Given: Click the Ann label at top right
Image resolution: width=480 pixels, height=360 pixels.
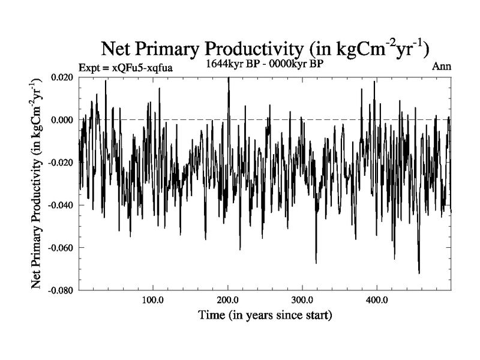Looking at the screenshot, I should (441, 66).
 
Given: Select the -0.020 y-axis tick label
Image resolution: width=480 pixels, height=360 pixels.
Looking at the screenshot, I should (61, 163).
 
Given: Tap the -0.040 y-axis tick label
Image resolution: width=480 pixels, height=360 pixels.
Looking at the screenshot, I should (61, 205).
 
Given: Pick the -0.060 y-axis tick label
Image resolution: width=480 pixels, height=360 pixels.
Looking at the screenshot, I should (61, 248).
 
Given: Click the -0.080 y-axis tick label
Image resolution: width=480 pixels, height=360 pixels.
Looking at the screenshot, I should (61, 290).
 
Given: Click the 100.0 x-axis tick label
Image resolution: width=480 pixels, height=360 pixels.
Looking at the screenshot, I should (153, 300).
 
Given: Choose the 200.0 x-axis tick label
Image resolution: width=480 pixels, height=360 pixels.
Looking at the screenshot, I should (227, 300).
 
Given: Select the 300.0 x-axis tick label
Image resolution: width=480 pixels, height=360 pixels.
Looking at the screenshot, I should (302, 300).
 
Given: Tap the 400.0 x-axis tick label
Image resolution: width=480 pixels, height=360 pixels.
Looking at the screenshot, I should (376, 300).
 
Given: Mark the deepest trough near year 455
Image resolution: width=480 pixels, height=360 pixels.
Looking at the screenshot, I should (419, 273).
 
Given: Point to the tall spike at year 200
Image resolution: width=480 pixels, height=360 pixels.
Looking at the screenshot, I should (229, 79).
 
